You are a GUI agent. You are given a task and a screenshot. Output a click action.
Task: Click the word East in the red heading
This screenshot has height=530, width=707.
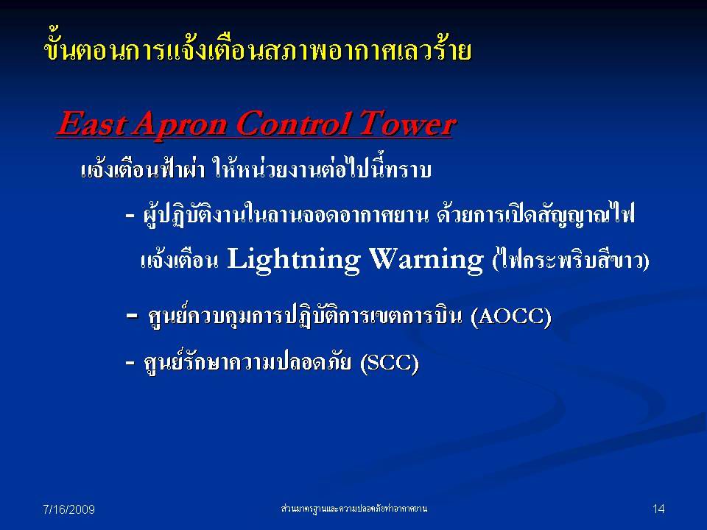point(90,124)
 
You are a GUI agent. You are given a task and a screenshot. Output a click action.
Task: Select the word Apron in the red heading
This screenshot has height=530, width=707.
point(180,125)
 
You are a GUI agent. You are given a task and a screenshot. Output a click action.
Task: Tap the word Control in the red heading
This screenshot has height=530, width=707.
point(294,124)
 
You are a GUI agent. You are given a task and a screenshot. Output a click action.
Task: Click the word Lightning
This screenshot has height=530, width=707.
point(294,261)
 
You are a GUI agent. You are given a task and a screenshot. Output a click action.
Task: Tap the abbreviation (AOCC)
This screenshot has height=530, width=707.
point(511,317)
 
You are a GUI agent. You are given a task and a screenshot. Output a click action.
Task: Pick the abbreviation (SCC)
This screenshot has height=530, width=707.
point(390,363)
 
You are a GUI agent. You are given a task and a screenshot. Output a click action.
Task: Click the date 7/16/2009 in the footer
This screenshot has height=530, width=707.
point(68,509)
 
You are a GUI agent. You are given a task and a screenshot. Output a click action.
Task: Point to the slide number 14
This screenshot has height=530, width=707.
point(658,509)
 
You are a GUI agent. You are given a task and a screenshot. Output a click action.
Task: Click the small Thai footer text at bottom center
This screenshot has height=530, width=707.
point(354,509)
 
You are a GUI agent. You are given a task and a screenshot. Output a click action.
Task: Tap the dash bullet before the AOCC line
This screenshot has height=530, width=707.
point(132,317)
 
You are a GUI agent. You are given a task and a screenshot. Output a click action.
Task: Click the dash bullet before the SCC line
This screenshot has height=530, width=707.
point(130,362)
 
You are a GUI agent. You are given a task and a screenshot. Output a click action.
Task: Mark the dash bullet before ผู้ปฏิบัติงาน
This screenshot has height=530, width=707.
point(130,216)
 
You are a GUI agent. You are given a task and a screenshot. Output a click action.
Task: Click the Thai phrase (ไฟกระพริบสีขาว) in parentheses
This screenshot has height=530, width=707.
point(570,260)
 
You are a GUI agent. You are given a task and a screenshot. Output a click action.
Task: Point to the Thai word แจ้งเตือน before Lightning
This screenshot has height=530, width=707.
point(180,261)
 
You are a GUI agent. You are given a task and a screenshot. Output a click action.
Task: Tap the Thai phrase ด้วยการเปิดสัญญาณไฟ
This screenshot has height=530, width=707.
point(535,213)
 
